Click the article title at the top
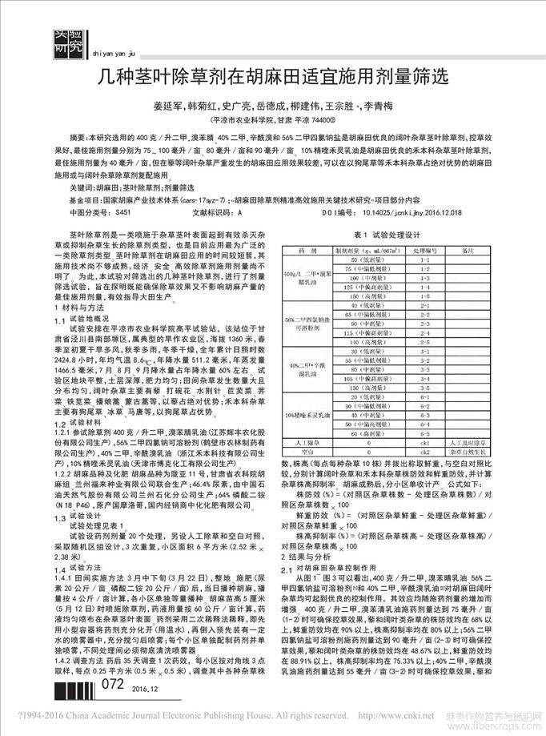[x=272, y=78]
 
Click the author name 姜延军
[x=167, y=106]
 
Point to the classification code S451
[x=121, y=214]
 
